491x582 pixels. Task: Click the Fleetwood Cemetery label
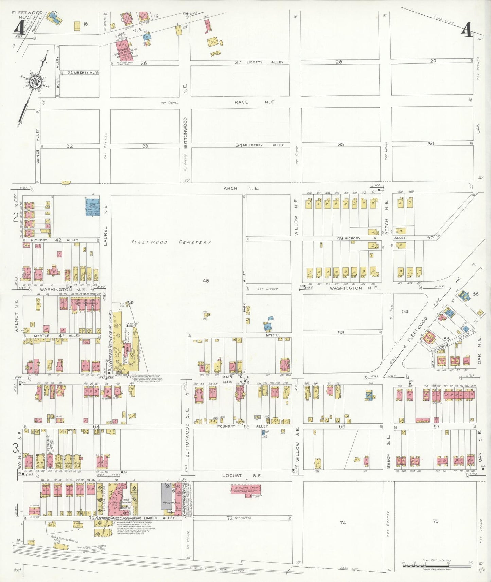tap(171, 242)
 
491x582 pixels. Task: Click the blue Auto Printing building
tap(92, 207)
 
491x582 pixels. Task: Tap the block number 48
tap(205, 280)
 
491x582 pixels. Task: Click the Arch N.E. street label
tap(241, 188)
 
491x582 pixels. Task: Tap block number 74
tap(343, 523)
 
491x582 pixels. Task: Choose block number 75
tap(435, 521)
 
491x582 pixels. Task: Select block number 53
tap(341, 332)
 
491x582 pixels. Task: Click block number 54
tap(405, 311)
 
